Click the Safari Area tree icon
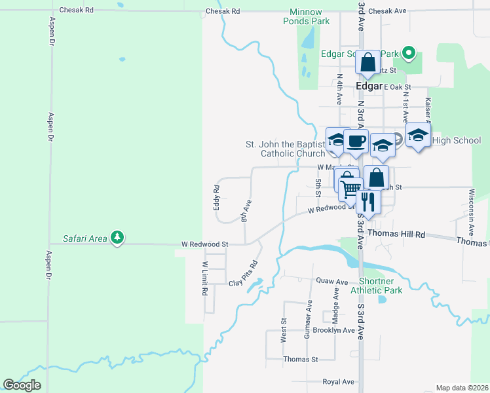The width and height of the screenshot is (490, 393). coord(117,237)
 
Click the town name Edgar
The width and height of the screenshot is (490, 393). coord(368,86)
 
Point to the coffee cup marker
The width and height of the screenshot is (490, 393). coord(356,141)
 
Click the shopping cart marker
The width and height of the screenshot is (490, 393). coord(351,189)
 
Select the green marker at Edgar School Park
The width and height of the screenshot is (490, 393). coord(409,53)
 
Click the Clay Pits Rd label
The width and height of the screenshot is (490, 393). coord(243,274)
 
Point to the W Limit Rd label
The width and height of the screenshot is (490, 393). coord(205,278)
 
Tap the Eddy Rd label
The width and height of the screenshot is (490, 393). coord(216,197)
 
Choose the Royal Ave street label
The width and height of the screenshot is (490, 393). coord(338,382)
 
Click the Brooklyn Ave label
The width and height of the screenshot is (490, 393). coord(333,330)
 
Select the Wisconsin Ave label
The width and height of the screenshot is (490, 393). coord(471,213)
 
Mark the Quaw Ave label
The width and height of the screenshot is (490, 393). coord(331,281)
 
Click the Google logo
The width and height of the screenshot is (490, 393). coord(22,384)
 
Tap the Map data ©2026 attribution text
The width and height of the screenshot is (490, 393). coord(462,388)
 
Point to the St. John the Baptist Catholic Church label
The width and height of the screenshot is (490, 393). coord(285,149)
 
